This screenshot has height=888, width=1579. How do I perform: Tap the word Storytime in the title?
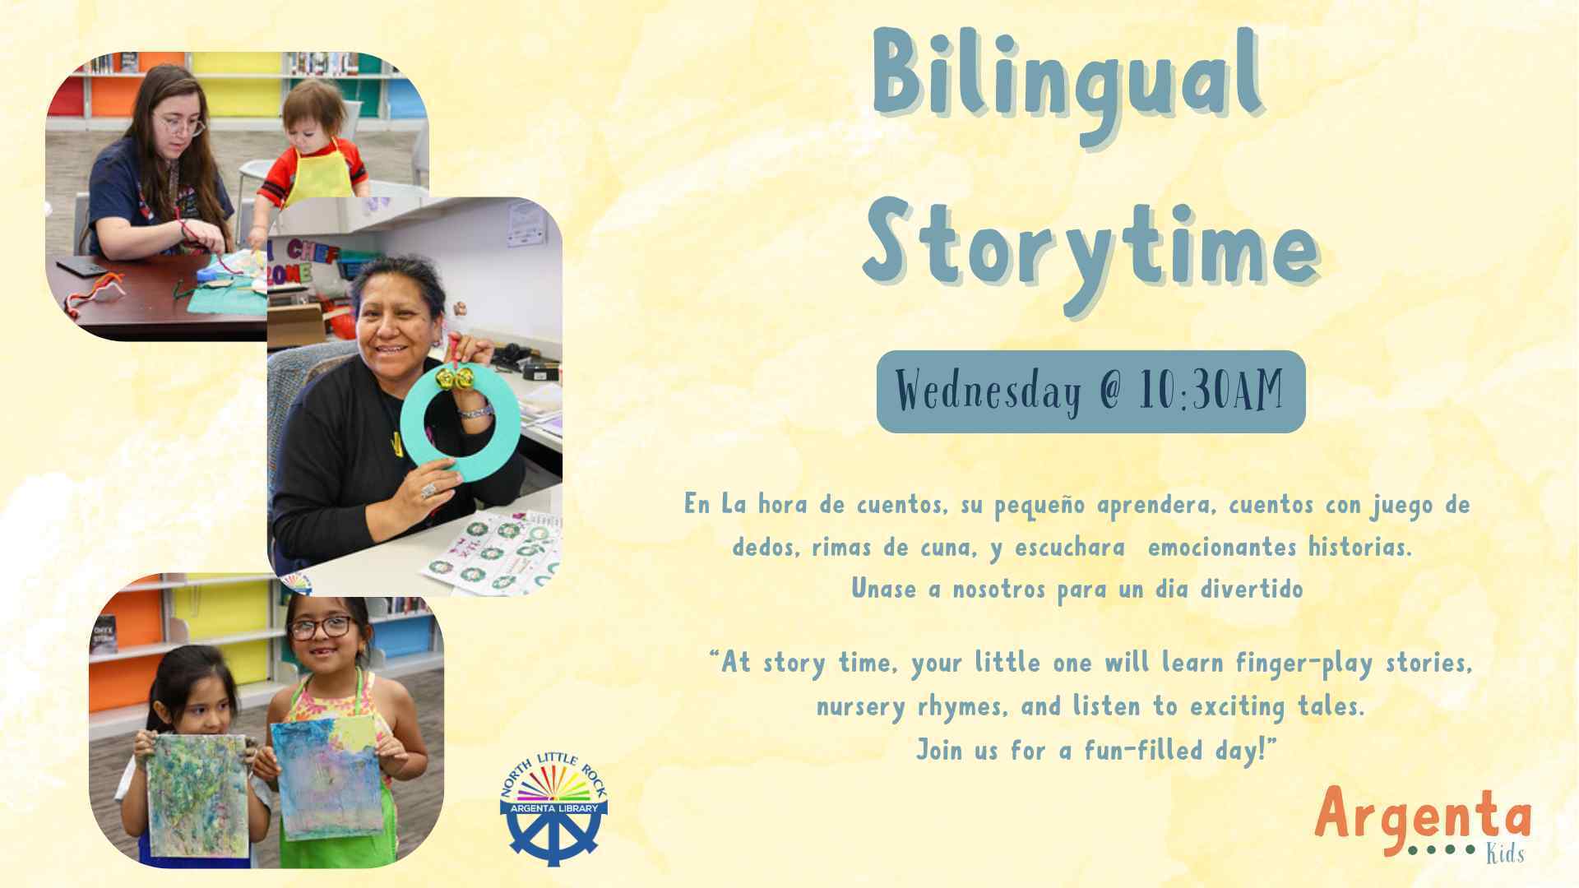click(1091, 247)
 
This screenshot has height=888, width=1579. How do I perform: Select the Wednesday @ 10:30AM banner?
click(1090, 391)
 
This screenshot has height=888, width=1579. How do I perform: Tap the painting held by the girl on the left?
click(198, 793)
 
